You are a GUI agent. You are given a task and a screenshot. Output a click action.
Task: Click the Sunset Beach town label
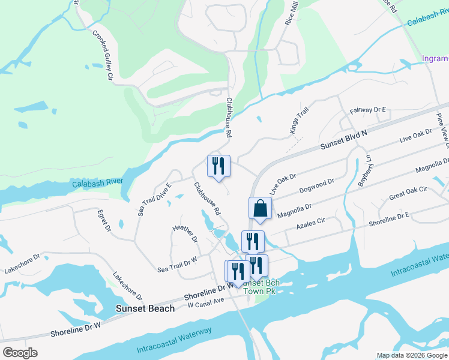(x=145, y=308)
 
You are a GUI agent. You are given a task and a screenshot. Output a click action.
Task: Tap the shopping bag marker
(x=261, y=208)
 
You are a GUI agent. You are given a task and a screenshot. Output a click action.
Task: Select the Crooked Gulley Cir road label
(x=103, y=55)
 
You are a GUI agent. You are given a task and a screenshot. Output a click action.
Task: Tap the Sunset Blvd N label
(x=343, y=142)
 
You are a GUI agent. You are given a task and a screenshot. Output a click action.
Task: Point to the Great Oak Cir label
(x=408, y=193)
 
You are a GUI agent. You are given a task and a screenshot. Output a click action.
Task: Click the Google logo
(x=20, y=353)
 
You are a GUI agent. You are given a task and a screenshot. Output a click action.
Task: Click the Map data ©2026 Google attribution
(x=412, y=355)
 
